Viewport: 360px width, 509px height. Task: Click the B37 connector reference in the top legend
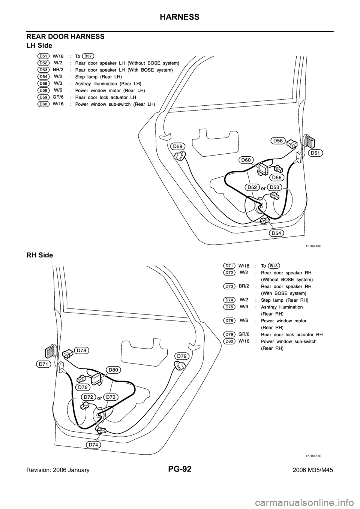point(88,56)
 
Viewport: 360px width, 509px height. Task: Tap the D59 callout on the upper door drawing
point(178,146)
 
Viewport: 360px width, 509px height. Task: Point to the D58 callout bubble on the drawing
point(278,141)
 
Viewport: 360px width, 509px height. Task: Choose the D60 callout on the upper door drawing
point(246,160)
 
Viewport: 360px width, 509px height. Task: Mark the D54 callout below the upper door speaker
point(276,233)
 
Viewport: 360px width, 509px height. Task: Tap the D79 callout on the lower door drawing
point(183,355)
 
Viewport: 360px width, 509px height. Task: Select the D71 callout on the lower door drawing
point(44,364)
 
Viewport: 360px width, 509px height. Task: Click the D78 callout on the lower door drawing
point(83,350)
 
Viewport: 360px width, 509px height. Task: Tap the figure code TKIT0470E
point(313,246)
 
